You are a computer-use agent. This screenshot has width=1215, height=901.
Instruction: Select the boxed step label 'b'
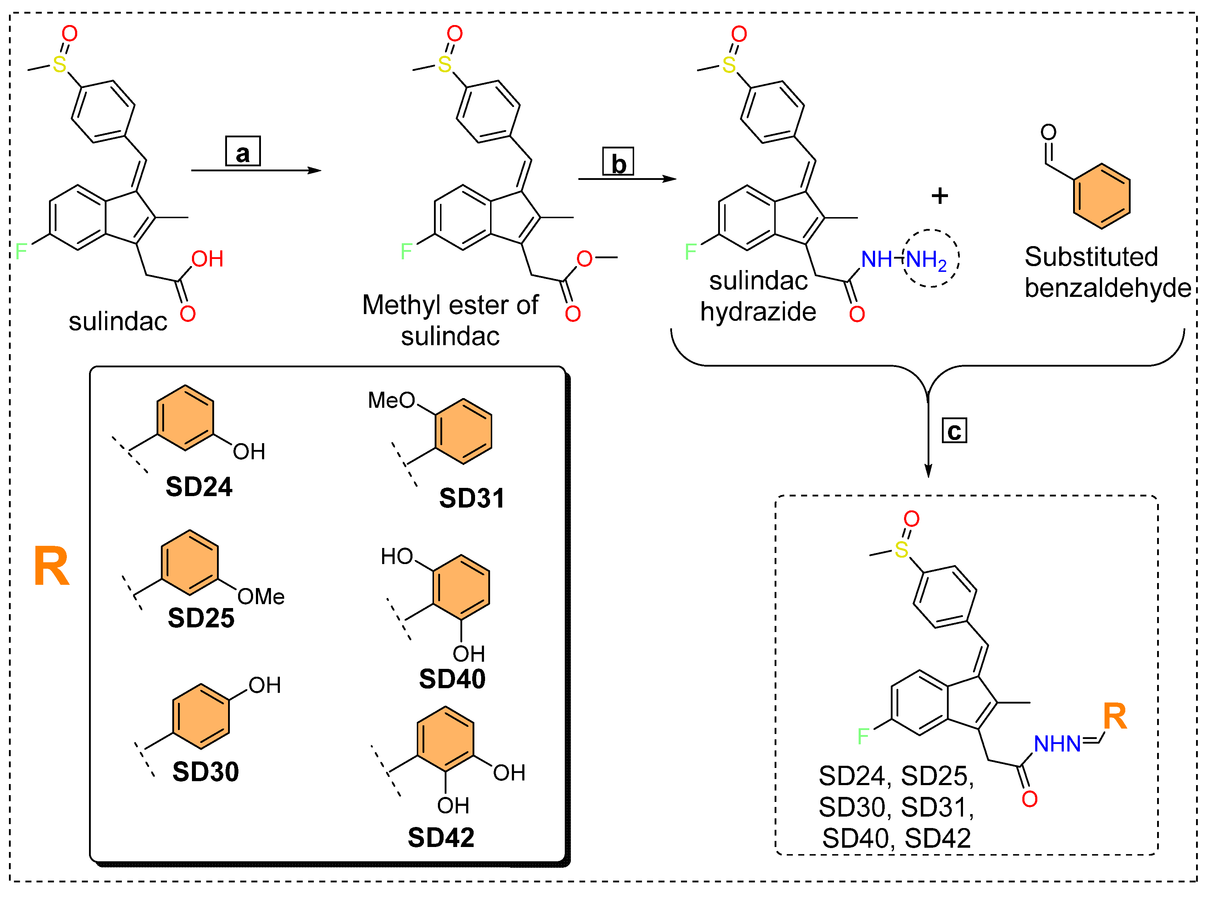[618, 162]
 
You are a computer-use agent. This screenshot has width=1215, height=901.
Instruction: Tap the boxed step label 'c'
[954, 431]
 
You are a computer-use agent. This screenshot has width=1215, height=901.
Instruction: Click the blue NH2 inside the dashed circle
[927, 260]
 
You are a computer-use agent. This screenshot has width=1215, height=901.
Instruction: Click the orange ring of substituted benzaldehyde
[1101, 196]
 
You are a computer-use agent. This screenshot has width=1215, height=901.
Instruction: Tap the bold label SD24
[199, 486]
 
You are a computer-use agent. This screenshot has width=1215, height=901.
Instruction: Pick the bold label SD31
[472, 499]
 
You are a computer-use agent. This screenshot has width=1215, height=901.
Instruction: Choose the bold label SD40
[452, 679]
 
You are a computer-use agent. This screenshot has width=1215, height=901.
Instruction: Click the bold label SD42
[441, 838]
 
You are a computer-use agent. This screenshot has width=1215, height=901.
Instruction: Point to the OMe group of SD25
[261, 597]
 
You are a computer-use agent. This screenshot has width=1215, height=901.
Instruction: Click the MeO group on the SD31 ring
[391, 400]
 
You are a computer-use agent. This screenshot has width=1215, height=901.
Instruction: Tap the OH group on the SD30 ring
[265, 686]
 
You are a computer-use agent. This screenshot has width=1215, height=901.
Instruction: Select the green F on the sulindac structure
[21, 251]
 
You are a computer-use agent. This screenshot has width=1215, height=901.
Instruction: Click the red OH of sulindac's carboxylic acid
[207, 259]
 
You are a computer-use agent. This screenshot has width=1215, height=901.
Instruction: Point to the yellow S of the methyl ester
[445, 64]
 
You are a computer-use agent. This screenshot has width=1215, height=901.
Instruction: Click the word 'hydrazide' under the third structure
[758, 312]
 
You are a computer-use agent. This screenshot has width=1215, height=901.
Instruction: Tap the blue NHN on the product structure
[1057, 744]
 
